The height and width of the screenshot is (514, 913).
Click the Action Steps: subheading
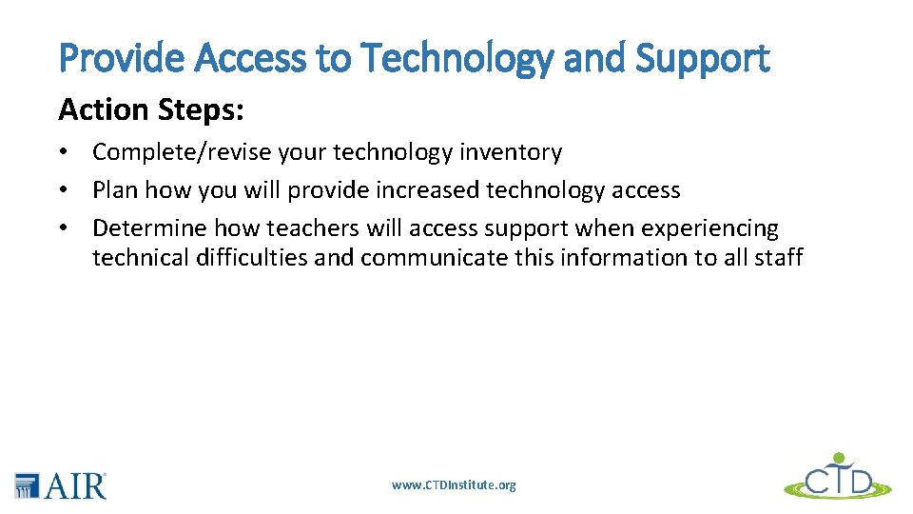151,109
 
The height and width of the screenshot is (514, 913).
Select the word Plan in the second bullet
113,190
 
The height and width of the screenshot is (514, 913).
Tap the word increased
425,190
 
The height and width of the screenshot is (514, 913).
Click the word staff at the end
779,257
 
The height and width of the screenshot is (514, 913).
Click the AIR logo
61,484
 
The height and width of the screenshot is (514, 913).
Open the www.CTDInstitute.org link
454,485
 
